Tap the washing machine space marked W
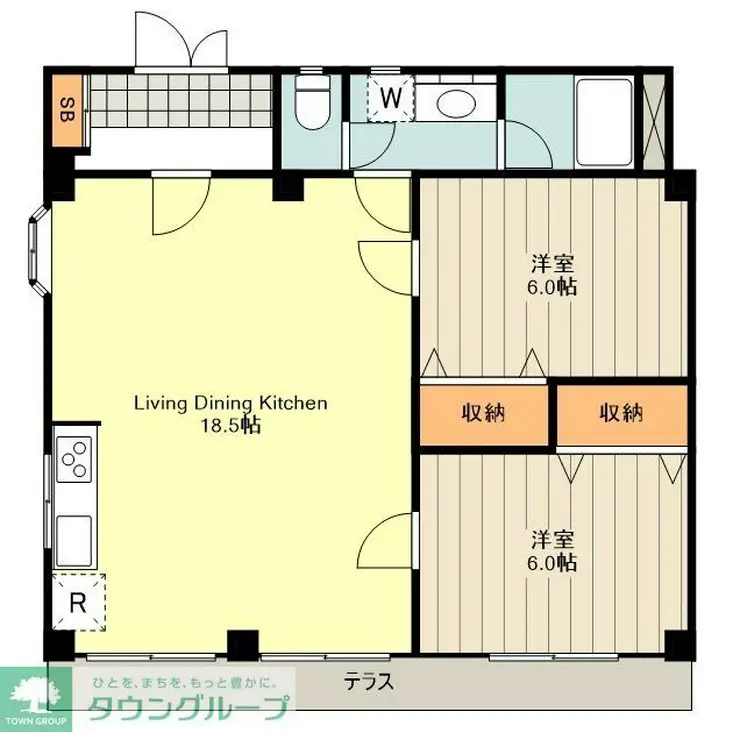pos(391,98)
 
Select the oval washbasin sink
pos(455,102)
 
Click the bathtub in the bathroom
pos(605,122)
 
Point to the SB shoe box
pos(67,110)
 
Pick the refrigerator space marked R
pos(78,602)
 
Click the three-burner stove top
pos(74,459)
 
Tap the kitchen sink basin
pos(74,540)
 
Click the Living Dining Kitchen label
pos(231,404)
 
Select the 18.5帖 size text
pos(231,426)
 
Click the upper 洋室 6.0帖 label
pos(552,275)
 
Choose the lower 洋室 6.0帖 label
pos(552,551)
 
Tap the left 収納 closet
pos(484,415)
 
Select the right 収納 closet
pos(622,415)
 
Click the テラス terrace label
pos(369,682)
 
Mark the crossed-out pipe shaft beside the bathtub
pos(654,121)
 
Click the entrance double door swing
pos(181,40)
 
